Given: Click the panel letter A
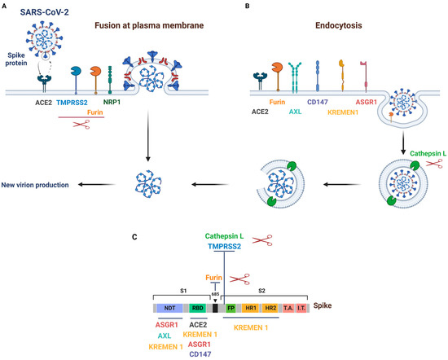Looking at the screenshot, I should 4,6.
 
